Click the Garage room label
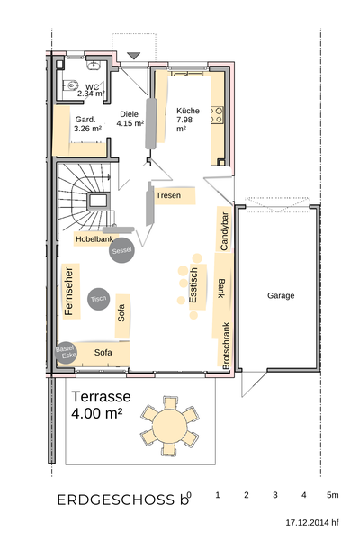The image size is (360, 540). [x=281, y=295]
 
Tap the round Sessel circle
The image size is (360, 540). [x=121, y=250]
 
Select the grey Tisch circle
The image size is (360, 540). [x=98, y=299]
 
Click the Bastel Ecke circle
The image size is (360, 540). [x=66, y=352]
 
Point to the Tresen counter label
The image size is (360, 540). [x=168, y=195]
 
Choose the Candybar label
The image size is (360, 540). [x=224, y=231]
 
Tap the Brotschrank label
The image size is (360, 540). [x=226, y=346]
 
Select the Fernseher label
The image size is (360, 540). [x=69, y=291]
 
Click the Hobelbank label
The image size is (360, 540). [x=94, y=239]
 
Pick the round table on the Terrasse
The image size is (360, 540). [x=170, y=426]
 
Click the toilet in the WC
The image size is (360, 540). [x=70, y=85]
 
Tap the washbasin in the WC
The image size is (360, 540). [x=93, y=65]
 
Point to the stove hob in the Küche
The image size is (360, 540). [x=217, y=115]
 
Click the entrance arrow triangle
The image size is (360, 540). [x=134, y=56]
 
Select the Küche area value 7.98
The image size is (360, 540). [x=184, y=120]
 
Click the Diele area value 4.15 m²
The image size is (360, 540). [x=130, y=123]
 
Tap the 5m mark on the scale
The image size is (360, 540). [x=332, y=495]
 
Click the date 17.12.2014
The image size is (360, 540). [x=308, y=522]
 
